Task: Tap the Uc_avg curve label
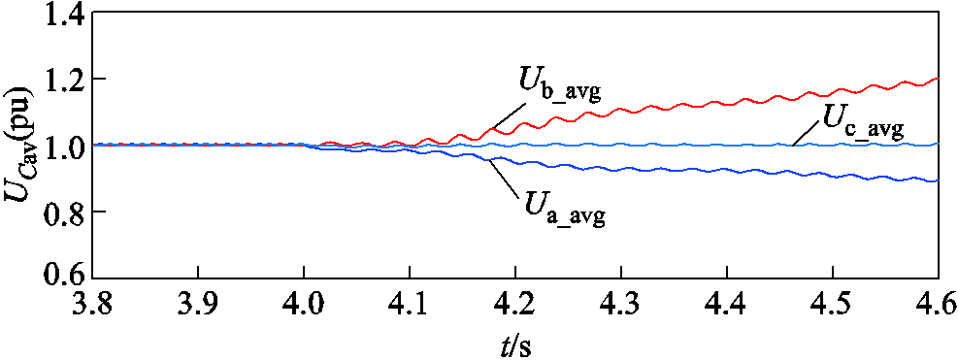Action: click(863, 120)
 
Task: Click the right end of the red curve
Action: click(938, 80)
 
